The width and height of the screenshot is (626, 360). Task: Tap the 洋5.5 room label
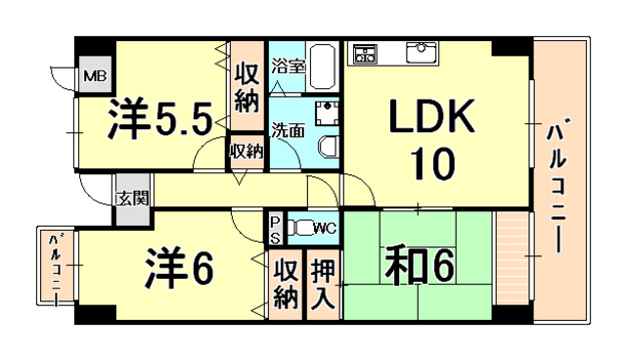click(x=159, y=120)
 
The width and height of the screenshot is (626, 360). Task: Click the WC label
click(x=326, y=229)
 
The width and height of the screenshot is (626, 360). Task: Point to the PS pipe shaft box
click(x=275, y=229)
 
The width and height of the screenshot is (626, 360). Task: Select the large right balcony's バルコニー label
click(x=559, y=186)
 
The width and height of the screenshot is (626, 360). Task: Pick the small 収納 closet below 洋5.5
click(x=246, y=151)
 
